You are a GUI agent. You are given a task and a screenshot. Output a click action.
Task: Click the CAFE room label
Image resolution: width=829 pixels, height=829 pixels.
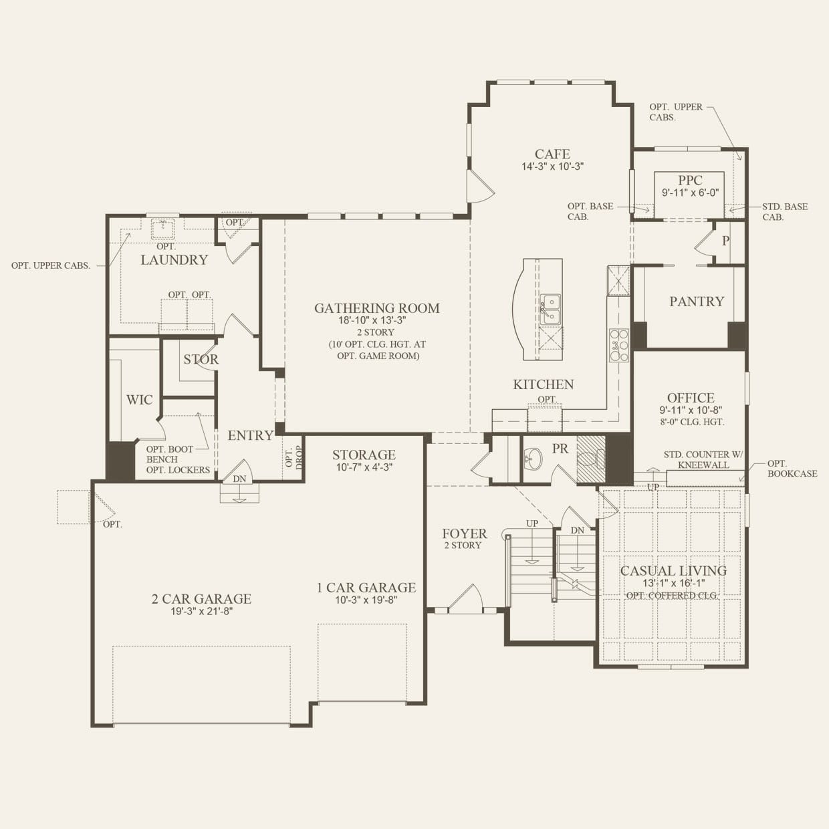coord(552,154)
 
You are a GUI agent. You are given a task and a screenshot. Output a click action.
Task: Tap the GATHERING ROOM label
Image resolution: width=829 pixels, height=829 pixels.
coord(377,308)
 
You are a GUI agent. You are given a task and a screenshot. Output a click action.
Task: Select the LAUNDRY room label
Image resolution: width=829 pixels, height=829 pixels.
coord(174,260)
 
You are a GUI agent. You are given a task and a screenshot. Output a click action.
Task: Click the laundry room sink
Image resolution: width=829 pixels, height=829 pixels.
coord(162,229)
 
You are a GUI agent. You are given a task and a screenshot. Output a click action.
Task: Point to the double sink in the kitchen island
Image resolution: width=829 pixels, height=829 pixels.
coord(550,309)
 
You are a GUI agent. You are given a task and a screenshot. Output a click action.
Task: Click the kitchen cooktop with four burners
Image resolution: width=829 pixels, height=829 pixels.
coord(618,344)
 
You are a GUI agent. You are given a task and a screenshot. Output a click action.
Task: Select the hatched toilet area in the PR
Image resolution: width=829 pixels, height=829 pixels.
coord(591,459)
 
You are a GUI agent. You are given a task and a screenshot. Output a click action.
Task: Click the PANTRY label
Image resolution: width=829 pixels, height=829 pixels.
coord(697,302)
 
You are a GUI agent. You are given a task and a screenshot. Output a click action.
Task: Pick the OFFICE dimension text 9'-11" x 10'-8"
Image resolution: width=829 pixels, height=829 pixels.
coord(691,410)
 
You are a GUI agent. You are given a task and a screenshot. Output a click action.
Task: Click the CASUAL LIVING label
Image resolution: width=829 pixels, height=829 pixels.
coord(673,571)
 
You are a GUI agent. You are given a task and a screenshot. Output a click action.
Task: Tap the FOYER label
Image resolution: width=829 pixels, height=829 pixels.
coord(465,534)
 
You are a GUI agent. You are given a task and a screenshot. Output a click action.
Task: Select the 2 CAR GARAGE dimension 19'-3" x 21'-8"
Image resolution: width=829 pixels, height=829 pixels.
coord(201,611)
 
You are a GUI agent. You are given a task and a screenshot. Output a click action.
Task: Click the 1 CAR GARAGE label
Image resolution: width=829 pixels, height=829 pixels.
coord(366,588)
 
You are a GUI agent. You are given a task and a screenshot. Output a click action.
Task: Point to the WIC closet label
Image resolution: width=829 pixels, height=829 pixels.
coord(139,400)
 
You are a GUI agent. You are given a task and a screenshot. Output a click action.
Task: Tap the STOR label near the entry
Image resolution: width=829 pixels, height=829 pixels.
coord(201,359)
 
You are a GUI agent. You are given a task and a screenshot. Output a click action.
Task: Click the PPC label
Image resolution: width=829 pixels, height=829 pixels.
coord(690,181)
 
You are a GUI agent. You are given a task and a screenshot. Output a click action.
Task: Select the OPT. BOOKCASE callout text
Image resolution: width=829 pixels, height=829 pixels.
coord(792,469)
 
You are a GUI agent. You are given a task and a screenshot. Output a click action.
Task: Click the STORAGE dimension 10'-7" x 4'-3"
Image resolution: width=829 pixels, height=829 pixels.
coord(364,467)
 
